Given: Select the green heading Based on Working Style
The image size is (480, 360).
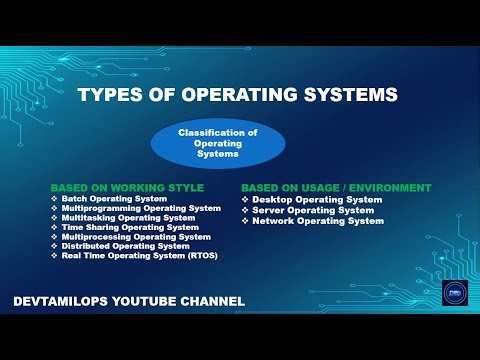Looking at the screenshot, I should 127,188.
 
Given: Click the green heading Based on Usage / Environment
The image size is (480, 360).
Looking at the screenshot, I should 336,188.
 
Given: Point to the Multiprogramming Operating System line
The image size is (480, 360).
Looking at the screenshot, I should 141,208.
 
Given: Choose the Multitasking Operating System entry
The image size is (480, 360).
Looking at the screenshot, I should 129,218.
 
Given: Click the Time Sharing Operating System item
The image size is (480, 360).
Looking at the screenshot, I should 131,227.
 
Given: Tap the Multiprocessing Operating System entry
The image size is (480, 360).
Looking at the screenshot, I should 136,237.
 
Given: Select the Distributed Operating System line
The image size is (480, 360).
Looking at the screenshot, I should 126,246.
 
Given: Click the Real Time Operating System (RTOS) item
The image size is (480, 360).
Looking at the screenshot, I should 140,256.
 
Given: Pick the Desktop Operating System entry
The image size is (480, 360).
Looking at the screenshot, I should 317,200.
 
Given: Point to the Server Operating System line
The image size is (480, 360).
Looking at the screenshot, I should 313,210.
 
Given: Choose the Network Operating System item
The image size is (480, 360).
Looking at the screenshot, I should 318,221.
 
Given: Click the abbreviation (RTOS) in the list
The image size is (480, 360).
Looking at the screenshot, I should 201,256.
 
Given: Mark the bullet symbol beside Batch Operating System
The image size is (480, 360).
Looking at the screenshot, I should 55,199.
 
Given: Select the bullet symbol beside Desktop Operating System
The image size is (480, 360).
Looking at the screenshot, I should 245,200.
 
